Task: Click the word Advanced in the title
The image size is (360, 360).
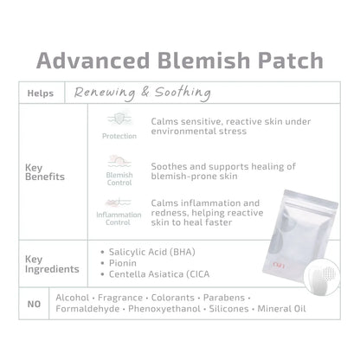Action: [93, 61]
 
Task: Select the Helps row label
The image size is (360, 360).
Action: [41, 93]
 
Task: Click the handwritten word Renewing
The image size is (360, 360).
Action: [105, 93]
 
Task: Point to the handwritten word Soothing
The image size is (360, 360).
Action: [183, 93]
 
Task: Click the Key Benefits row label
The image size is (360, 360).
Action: [45, 172]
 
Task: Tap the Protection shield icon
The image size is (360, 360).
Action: [119, 119]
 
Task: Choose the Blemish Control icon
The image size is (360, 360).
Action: [119, 162]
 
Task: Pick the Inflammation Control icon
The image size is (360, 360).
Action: [119, 202]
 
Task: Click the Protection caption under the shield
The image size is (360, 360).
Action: [119, 136]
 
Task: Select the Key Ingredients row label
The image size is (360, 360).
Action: [52, 264]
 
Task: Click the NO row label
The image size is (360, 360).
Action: [34, 304]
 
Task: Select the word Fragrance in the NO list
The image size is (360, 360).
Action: [120, 298]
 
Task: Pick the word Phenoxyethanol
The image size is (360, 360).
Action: [164, 309]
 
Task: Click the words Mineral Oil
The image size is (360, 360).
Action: [281, 309]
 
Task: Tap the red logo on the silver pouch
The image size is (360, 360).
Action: [279, 264]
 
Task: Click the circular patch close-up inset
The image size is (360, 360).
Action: [322, 276]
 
